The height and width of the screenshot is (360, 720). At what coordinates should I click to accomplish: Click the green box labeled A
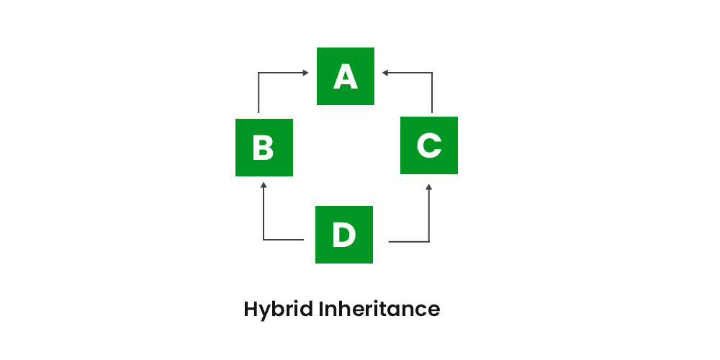tap(346, 76)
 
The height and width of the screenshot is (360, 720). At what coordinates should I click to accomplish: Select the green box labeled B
tap(264, 148)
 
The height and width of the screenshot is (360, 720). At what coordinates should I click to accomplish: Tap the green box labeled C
tap(429, 145)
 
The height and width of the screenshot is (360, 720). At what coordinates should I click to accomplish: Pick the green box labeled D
tap(344, 235)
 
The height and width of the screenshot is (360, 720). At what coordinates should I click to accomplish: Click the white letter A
tap(346, 77)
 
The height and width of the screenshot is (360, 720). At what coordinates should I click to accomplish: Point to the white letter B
tap(263, 148)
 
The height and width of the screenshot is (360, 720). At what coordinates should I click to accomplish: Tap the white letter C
tap(429, 145)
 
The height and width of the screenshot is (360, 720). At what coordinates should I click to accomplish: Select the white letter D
tap(344, 235)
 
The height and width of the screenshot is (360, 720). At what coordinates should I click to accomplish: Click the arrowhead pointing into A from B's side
tap(305, 73)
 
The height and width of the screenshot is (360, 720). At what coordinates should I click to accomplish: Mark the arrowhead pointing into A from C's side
tap(385, 73)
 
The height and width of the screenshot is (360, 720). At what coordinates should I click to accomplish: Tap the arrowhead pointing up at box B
tap(264, 185)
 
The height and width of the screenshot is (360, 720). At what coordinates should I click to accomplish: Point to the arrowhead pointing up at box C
tap(429, 187)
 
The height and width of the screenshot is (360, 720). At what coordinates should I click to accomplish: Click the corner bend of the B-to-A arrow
tap(258, 73)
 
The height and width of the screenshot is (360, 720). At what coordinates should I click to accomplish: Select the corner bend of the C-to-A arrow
tap(432, 73)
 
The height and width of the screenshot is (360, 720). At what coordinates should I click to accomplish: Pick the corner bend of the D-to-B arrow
tap(264, 240)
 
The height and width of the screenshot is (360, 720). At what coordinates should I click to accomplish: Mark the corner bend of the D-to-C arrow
tap(429, 241)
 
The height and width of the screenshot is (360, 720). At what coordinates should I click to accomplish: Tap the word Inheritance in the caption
tap(379, 309)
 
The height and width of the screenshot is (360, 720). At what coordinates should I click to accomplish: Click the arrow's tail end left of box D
tap(304, 240)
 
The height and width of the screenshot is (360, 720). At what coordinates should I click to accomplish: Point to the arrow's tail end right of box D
tap(389, 241)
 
